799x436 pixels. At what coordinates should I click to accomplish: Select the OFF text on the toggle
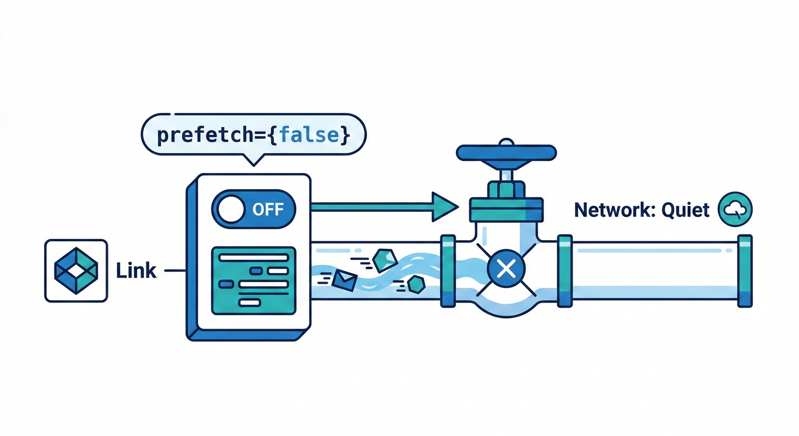[x=268, y=209]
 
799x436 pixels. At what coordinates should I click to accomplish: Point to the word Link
[x=136, y=271]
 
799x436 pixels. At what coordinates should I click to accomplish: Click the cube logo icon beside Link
[x=75, y=270]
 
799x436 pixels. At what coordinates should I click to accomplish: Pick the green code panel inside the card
[x=253, y=280]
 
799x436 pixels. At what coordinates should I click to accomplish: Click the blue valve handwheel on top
[x=506, y=152]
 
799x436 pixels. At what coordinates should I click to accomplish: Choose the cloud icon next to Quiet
[x=735, y=209]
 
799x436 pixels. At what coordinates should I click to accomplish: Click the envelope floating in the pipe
[x=344, y=279]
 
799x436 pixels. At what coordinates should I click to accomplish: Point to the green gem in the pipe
[x=384, y=259]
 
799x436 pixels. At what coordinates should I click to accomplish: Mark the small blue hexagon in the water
[x=417, y=284]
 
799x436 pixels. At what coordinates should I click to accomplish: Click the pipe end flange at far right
[x=745, y=271]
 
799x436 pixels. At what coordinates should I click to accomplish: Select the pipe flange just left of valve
[x=448, y=271]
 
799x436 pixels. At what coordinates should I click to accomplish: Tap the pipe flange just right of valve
[x=565, y=271]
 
